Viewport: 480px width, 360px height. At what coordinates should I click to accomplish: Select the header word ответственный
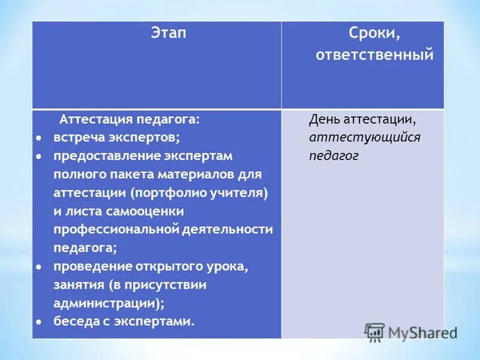(x=374, y=55)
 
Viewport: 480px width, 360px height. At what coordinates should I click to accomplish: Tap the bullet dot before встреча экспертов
(x=38, y=137)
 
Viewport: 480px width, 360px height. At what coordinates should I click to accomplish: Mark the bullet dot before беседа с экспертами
(x=38, y=321)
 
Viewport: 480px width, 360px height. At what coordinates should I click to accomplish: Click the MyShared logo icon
(x=374, y=332)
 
